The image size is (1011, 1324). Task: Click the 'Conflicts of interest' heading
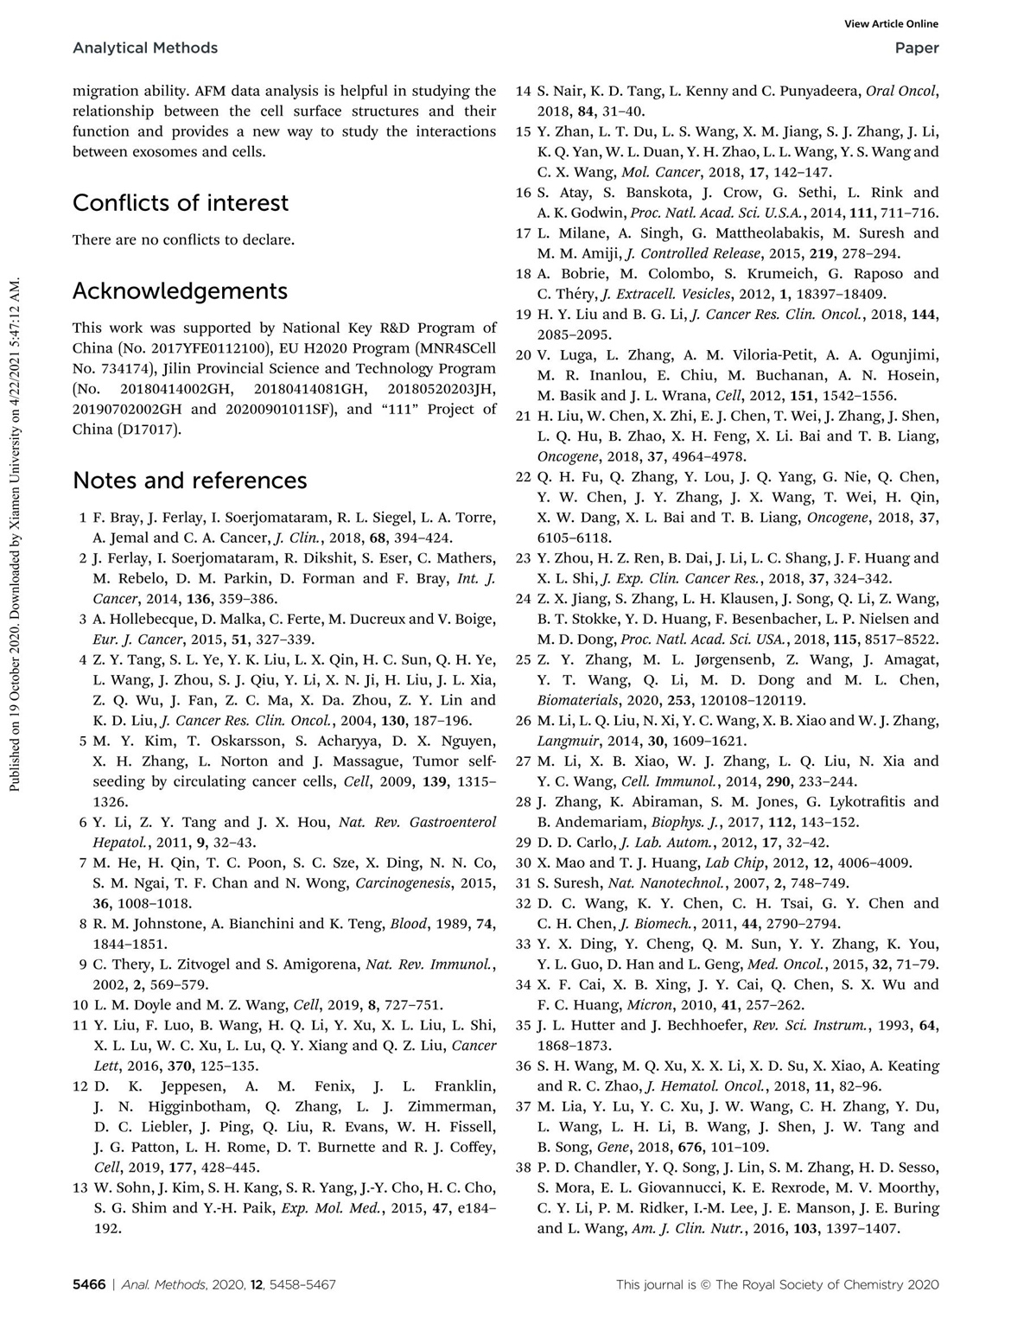click(x=181, y=203)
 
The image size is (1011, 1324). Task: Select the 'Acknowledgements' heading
click(x=180, y=290)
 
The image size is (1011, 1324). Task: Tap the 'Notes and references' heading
click(x=189, y=481)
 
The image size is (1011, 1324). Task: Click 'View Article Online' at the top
click(x=893, y=24)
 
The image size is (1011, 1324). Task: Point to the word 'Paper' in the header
click(x=917, y=48)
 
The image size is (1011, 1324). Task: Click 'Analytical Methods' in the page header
click(x=145, y=48)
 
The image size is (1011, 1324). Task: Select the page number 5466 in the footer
click(x=88, y=1285)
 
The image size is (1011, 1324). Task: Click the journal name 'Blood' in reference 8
click(x=409, y=924)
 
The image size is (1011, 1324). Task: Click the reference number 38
click(x=523, y=1168)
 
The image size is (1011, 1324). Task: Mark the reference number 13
click(x=79, y=1187)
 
